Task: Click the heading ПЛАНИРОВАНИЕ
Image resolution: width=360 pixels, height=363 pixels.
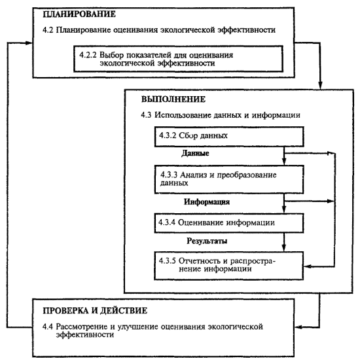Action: (x=79, y=14)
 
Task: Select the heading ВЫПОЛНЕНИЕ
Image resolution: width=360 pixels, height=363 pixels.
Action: (x=173, y=99)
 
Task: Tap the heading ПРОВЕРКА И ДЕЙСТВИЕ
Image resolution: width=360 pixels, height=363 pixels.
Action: (x=95, y=311)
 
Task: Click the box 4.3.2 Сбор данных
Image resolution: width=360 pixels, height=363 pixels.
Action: (x=229, y=137)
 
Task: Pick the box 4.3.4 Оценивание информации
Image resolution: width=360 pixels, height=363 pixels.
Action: (x=229, y=223)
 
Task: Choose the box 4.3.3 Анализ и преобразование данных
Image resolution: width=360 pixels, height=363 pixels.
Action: (x=229, y=179)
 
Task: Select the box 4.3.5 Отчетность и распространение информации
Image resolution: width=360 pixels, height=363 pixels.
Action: (x=228, y=266)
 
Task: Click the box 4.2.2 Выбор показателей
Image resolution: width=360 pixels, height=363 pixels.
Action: (x=178, y=59)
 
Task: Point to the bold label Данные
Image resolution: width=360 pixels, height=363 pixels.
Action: (x=195, y=153)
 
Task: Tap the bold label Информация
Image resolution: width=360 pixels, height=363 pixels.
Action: (x=207, y=201)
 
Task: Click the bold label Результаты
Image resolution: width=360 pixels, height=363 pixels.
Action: (x=207, y=241)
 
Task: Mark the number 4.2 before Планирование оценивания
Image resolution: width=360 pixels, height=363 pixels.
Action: (x=48, y=30)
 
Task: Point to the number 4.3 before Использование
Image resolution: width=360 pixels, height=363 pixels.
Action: (x=146, y=115)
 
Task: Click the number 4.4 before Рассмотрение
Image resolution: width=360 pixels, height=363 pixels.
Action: (x=48, y=326)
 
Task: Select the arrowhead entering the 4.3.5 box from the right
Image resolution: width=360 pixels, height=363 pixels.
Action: (x=307, y=267)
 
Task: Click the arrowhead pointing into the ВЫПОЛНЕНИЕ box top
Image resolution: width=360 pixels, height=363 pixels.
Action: (x=320, y=86)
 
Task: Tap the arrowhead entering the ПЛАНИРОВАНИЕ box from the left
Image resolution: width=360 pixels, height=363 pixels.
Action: (x=29, y=43)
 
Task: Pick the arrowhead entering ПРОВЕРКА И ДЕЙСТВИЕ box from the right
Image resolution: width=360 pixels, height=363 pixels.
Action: (x=298, y=327)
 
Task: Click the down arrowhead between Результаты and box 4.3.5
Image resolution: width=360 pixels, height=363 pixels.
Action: (x=284, y=248)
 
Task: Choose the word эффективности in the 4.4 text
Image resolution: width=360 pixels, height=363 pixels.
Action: (x=85, y=335)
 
